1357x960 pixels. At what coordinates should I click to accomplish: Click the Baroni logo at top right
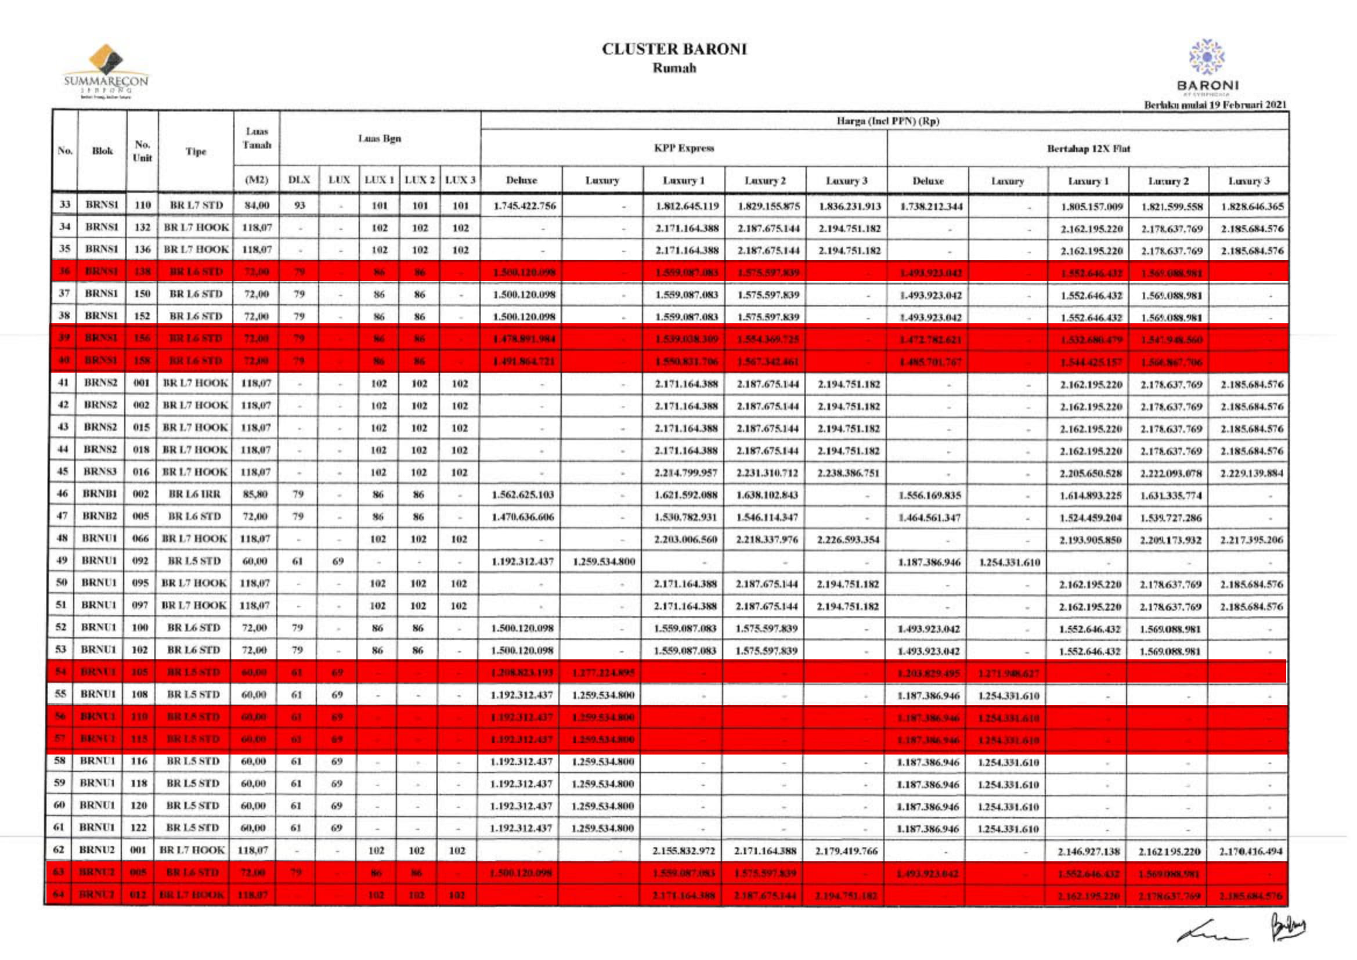(x=1207, y=66)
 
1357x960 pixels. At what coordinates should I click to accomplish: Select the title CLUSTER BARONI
(x=674, y=49)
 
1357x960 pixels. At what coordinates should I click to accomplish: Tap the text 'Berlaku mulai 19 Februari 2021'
(x=1215, y=105)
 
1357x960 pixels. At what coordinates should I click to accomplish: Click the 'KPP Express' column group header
(x=684, y=149)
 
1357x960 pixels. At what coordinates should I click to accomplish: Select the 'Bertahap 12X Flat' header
(x=1088, y=149)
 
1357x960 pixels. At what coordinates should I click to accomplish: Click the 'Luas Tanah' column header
(x=257, y=138)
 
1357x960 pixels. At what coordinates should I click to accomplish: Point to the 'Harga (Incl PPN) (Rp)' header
(x=887, y=121)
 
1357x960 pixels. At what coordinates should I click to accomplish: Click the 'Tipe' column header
(x=196, y=151)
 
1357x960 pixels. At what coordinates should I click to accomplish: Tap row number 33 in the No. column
(x=65, y=205)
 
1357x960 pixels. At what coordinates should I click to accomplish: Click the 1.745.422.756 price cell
(x=524, y=205)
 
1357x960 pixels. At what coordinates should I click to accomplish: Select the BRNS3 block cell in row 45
(x=100, y=472)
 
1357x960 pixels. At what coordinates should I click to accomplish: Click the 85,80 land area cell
(x=255, y=494)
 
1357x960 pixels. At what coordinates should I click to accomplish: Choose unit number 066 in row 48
(x=140, y=539)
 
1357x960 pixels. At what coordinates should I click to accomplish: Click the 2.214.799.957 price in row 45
(x=685, y=472)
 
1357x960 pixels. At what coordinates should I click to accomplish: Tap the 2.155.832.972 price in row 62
(x=684, y=851)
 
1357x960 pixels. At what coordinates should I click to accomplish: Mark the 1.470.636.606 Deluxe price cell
(x=522, y=517)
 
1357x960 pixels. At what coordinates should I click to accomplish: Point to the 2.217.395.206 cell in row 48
(x=1252, y=540)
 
